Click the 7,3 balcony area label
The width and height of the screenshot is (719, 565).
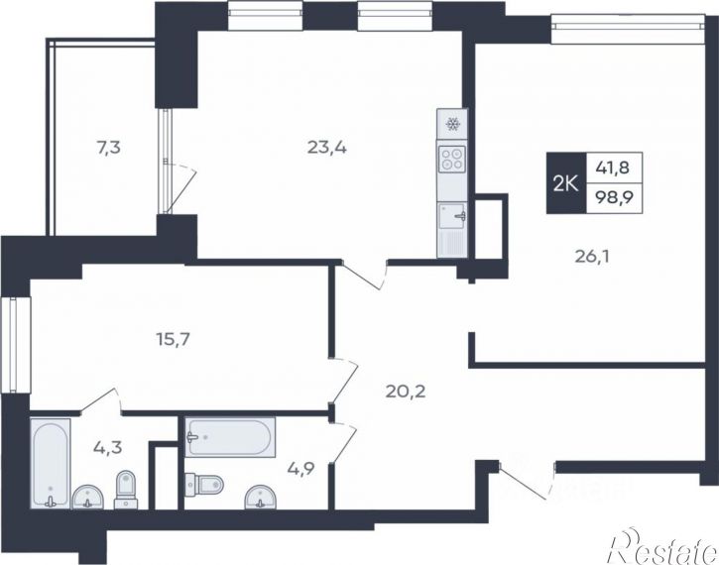[109, 149]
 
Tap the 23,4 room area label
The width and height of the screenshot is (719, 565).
[327, 148]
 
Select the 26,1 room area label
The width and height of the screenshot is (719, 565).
[591, 257]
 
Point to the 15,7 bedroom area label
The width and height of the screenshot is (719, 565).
[173, 340]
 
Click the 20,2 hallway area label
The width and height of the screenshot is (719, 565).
[406, 392]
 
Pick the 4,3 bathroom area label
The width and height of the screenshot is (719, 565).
[108, 447]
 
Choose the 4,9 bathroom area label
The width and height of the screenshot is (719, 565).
[300, 468]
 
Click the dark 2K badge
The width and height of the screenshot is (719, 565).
[566, 182]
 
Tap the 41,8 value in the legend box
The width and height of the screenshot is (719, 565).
[613, 168]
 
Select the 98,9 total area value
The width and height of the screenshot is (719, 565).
[614, 198]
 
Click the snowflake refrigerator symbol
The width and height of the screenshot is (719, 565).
[452, 124]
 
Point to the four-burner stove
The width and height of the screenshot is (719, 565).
[452, 159]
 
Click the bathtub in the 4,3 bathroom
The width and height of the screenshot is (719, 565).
[51, 463]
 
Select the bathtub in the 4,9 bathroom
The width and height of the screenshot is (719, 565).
[230, 437]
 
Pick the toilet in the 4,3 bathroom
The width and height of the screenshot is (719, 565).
[126, 490]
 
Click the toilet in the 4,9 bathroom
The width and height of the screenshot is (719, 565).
[204, 484]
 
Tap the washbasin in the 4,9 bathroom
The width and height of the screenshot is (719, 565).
[261, 498]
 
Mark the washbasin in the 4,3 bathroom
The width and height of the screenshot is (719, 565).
[87, 498]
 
